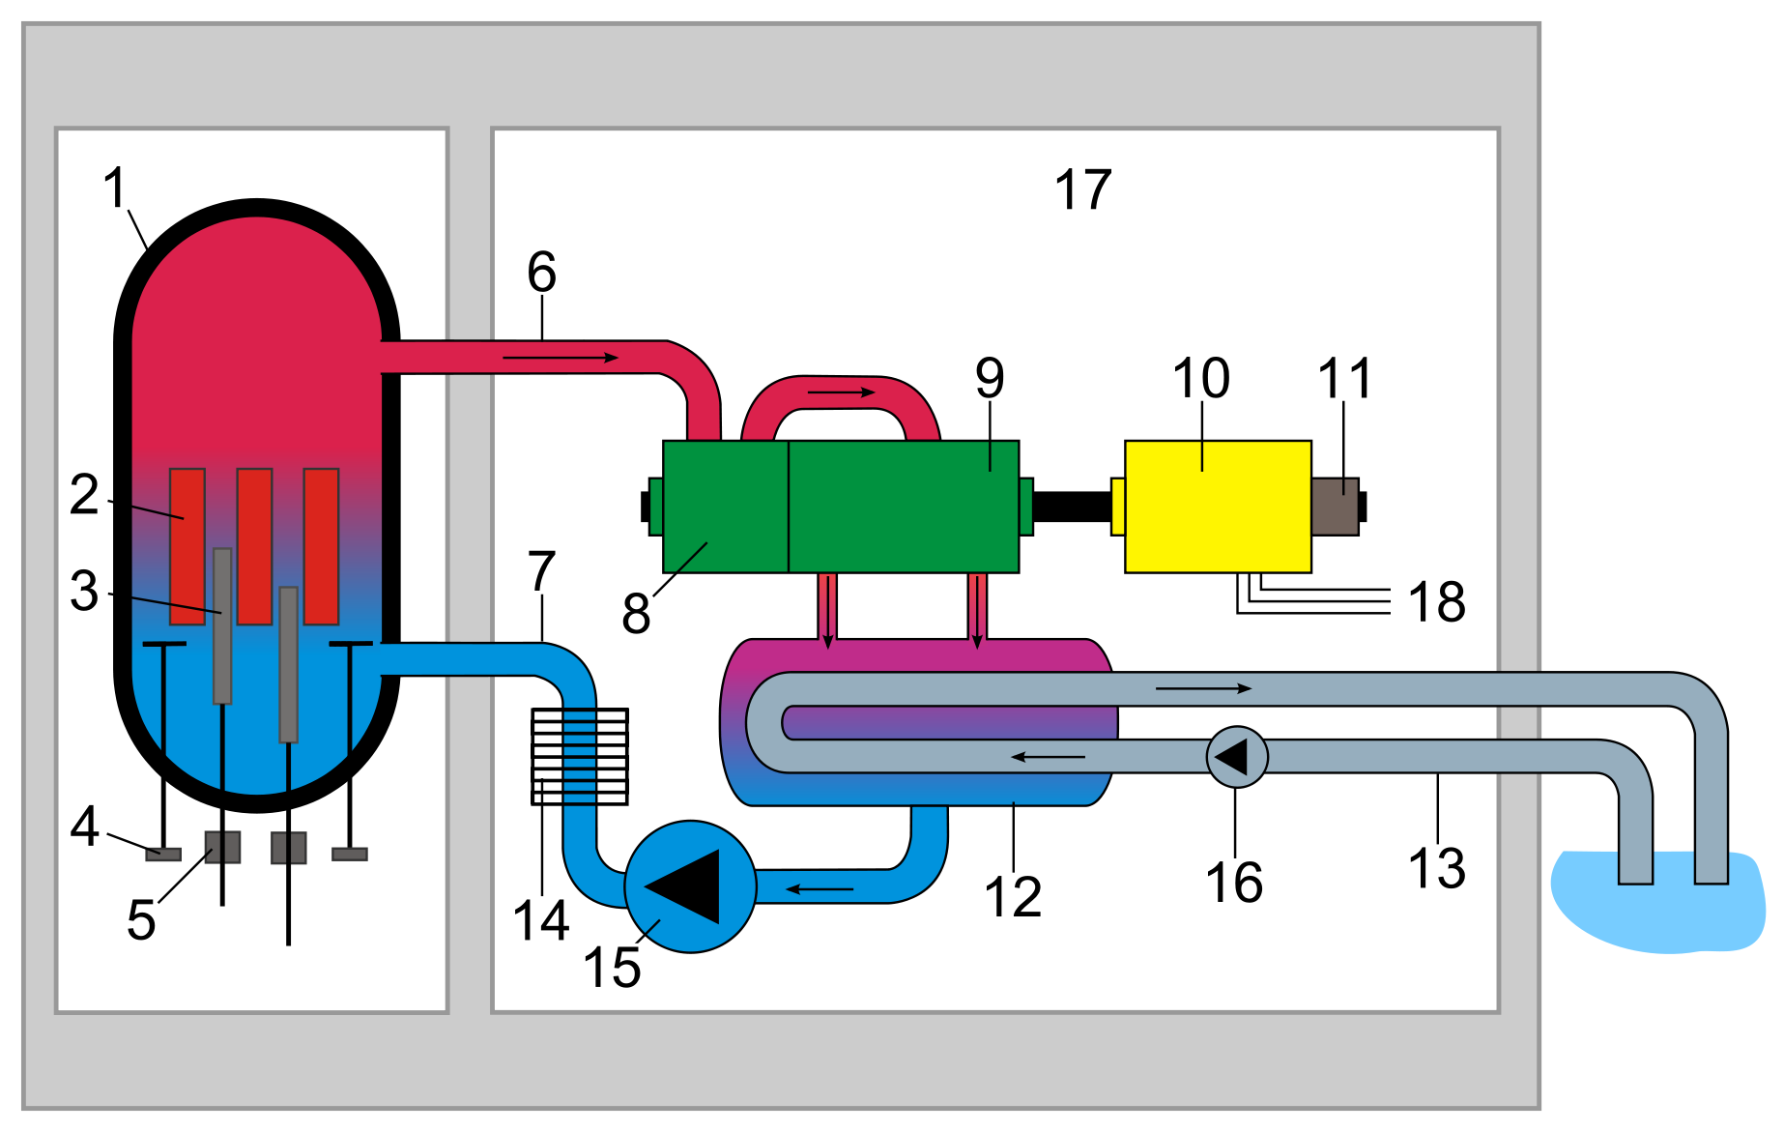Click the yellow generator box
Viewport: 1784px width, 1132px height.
[x=1218, y=507]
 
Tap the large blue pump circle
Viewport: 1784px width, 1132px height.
[x=690, y=886]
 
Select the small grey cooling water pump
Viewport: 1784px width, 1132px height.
[x=1237, y=757]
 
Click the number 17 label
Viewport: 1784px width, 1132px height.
[x=1083, y=189]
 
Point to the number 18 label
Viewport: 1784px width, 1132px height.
[x=1437, y=602]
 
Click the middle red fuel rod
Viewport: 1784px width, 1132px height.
[x=254, y=546]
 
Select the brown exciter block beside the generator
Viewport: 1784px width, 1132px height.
[x=1336, y=507]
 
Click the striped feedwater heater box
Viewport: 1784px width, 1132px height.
[x=580, y=757]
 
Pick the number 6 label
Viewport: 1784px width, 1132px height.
[x=542, y=272]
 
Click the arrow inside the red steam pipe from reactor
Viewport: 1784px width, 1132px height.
[x=561, y=358]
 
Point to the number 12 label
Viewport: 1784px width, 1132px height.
[x=1013, y=897]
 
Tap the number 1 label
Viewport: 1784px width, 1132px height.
[x=116, y=188]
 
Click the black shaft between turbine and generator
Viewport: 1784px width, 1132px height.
[x=1073, y=506]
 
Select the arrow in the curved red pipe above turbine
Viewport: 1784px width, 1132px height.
[x=842, y=392]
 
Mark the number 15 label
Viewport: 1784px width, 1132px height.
[x=612, y=967]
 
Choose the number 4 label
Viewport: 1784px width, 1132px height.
[x=85, y=827]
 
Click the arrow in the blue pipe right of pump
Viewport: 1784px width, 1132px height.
[x=820, y=888]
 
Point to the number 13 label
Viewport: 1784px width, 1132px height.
[x=1437, y=868]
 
